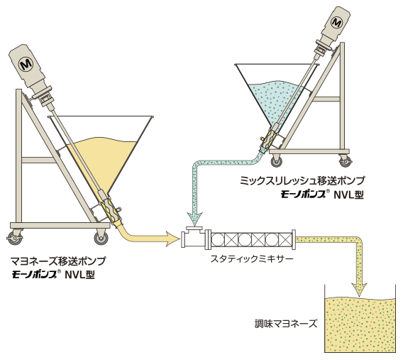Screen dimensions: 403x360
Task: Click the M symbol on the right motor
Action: click(336, 23)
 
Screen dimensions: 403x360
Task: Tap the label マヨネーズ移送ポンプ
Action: click(58, 261)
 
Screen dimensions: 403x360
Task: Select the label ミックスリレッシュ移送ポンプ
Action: click(302, 181)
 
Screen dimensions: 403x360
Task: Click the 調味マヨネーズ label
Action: click(285, 324)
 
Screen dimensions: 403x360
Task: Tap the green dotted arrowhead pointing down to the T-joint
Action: click(195, 219)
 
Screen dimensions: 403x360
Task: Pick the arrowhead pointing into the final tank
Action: click(359, 290)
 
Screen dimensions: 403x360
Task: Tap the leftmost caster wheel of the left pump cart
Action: click(15, 238)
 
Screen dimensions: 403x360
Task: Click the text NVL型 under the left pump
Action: click(80, 275)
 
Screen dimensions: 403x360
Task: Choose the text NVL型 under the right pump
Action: click(349, 195)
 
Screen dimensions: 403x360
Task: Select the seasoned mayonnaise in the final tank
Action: click(360, 325)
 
